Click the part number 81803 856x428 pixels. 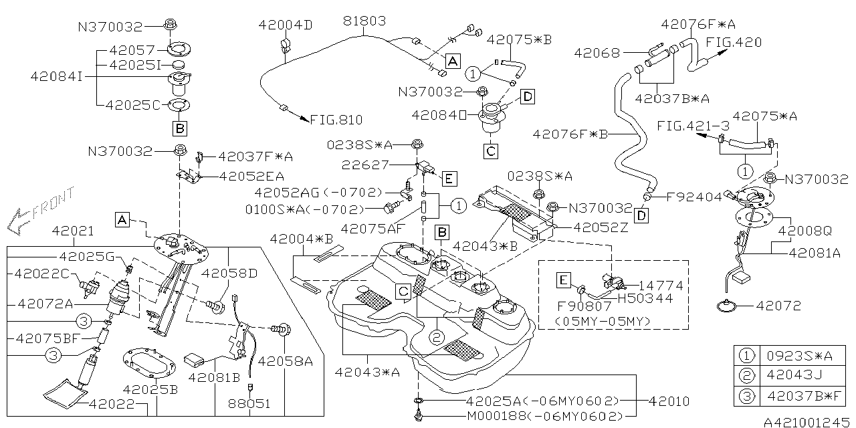pos(364,21)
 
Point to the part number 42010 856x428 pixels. pos(669,401)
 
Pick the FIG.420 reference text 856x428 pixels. pos(734,42)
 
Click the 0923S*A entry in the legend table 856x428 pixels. pos(795,354)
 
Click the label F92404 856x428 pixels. pos(694,197)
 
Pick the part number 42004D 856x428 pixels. pos(285,25)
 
